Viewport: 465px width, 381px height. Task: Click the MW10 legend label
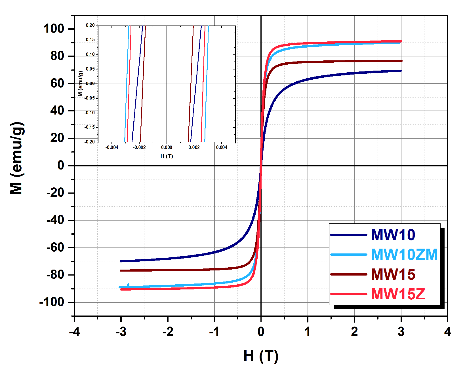click(x=393, y=235)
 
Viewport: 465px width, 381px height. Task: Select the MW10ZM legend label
click(x=404, y=255)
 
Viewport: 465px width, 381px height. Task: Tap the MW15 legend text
click(x=393, y=274)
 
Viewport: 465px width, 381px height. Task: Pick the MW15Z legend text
click(x=398, y=294)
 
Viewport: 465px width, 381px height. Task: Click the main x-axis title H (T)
click(x=261, y=356)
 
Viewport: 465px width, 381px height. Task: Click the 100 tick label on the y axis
click(x=54, y=29)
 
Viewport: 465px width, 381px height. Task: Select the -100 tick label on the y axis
click(x=52, y=302)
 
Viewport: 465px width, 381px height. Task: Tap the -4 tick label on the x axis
click(x=74, y=332)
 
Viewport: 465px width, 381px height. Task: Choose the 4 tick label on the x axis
click(x=447, y=332)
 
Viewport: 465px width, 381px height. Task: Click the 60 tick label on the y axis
click(x=57, y=83)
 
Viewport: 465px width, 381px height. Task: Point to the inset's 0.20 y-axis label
click(x=90, y=25)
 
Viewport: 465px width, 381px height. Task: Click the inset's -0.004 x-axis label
click(x=112, y=147)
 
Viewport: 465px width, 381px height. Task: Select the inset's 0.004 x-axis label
click(x=222, y=147)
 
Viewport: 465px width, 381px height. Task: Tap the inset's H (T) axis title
click(x=167, y=156)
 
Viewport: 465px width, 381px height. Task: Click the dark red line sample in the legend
click(x=349, y=274)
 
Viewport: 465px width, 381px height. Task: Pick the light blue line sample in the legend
click(x=349, y=255)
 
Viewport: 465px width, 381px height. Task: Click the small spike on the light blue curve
click(x=128, y=285)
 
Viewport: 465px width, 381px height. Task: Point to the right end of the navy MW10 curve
click(x=401, y=71)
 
